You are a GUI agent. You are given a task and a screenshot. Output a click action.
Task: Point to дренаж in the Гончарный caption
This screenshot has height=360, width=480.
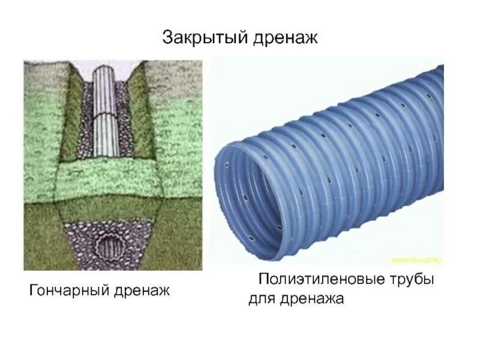tap(142, 292)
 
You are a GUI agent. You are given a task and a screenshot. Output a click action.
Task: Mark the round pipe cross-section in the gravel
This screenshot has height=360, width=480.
tap(110, 247)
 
